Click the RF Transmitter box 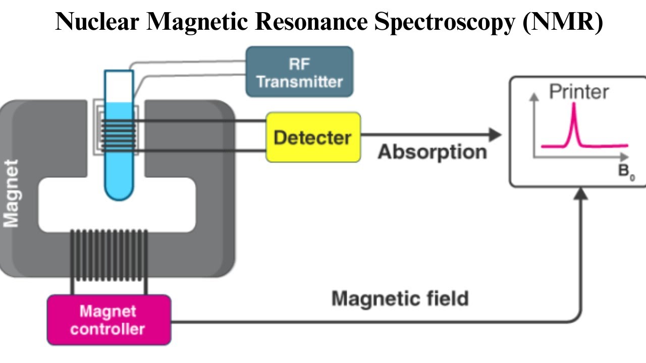click(299, 72)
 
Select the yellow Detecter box click(313, 137)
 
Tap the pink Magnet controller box click(109, 320)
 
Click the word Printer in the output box click(579, 92)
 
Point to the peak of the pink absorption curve click(574, 104)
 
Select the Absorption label click(433, 152)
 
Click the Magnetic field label click(400, 298)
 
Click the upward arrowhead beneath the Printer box click(582, 193)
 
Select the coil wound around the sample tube click(119, 135)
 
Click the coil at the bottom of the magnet click(109, 255)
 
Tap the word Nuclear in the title click(96, 22)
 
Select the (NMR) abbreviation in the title click(562, 22)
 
